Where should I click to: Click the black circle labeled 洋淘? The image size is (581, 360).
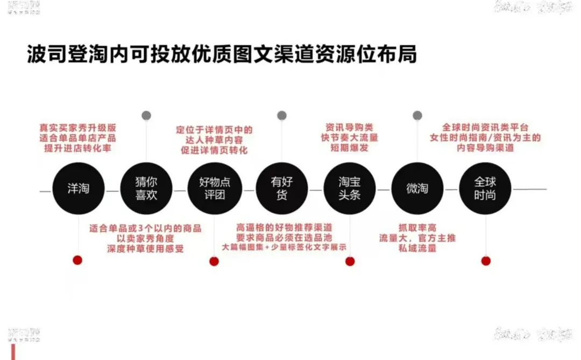pyautogui.click(x=79, y=188)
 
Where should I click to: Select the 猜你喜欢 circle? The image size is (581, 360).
pyautogui.click(x=146, y=188)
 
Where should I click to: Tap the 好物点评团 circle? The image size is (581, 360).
pyautogui.click(x=214, y=188)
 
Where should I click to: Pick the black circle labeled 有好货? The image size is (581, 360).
pyautogui.click(x=282, y=188)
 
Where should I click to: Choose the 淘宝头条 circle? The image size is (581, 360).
pyautogui.click(x=350, y=188)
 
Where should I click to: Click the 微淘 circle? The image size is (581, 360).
pyautogui.click(x=417, y=188)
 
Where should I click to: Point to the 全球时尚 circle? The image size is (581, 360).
pyautogui.click(x=485, y=188)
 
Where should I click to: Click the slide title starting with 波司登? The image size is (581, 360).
pyautogui.click(x=222, y=54)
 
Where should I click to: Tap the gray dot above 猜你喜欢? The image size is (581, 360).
pyautogui.click(x=146, y=115)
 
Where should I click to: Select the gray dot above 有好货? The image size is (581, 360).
pyautogui.click(x=282, y=115)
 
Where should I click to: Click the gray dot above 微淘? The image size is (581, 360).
pyautogui.click(x=417, y=115)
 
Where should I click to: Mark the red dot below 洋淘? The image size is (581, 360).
pyautogui.click(x=77, y=260)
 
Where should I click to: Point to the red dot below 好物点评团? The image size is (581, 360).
pyautogui.click(x=214, y=262)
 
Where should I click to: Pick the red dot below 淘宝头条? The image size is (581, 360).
pyautogui.click(x=350, y=262)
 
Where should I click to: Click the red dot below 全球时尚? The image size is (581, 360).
pyautogui.click(x=486, y=261)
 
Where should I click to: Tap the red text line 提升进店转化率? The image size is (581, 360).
pyautogui.click(x=78, y=149)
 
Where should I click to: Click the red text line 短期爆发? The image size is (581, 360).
pyautogui.click(x=350, y=147)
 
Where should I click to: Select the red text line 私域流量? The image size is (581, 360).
pyautogui.click(x=417, y=249)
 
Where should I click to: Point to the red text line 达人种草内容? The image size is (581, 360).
pyautogui.click(x=214, y=140)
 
